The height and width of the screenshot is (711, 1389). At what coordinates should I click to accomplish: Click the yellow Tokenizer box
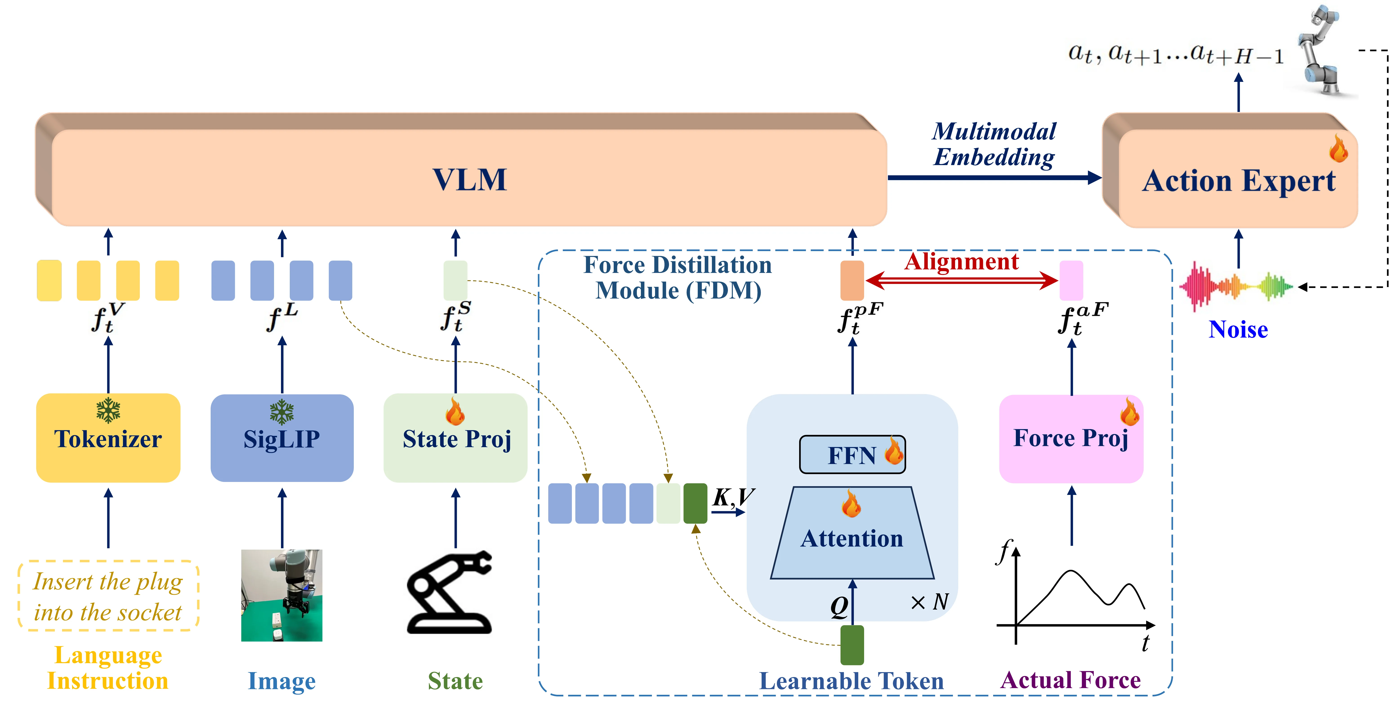click(x=108, y=438)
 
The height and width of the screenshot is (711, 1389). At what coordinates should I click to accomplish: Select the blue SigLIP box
click(x=281, y=438)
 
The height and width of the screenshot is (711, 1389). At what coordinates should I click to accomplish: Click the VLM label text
click(x=469, y=180)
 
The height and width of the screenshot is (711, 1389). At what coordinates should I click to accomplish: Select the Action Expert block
click(x=1238, y=180)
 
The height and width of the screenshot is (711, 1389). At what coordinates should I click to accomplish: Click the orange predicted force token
click(x=852, y=280)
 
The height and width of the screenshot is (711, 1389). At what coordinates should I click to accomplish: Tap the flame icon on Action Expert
click(x=1338, y=149)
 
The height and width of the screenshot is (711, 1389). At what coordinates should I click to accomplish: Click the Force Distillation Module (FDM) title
click(x=678, y=278)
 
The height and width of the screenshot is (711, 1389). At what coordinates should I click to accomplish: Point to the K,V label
click(x=733, y=497)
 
